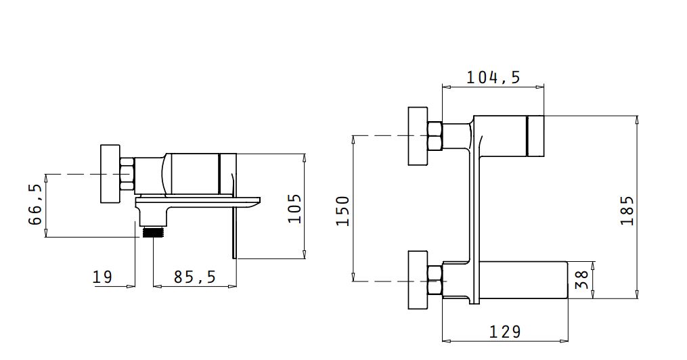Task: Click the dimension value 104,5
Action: [x=493, y=78]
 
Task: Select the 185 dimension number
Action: [x=627, y=210]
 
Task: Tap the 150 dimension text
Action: [x=343, y=211]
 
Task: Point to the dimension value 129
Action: [x=505, y=332]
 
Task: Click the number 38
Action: [x=581, y=280]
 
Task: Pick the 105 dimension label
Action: [x=295, y=208]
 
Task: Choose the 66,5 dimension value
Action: [x=35, y=204]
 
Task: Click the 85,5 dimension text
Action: [x=195, y=277]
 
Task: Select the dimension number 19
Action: [x=102, y=277]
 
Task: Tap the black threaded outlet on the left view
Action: [x=153, y=233]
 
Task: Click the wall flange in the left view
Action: [x=110, y=174]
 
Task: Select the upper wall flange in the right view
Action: [x=418, y=136]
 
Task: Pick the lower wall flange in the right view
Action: [x=418, y=280]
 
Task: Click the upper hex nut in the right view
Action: [x=435, y=136]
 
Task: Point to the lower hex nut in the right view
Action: [x=435, y=280]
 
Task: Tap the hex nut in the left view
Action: [x=127, y=174]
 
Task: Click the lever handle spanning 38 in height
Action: [x=524, y=280]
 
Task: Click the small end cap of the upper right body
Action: [x=535, y=136]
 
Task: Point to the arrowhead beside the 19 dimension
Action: [x=131, y=286]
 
